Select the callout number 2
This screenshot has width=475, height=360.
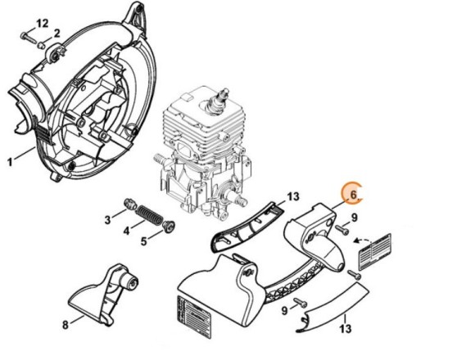(57, 33)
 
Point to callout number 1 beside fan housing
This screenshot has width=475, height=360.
(10, 162)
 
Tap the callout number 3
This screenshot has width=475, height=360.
(108, 218)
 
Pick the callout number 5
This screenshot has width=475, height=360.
(143, 241)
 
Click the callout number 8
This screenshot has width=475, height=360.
(65, 324)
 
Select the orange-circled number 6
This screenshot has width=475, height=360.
(353, 195)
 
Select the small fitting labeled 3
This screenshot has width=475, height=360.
(129, 203)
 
